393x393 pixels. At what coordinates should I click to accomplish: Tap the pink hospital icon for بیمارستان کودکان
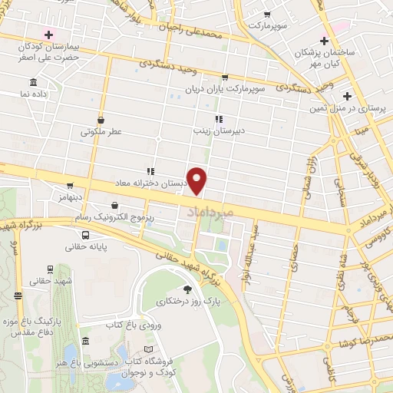pyautogui.click(x=49, y=35)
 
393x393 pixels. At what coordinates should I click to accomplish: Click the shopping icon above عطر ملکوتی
pyautogui.click(x=102, y=120)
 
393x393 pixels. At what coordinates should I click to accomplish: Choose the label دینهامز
pyautogui.click(x=68, y=198)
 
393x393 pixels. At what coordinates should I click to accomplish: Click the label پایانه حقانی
pyautogui.click(x=67, y=247)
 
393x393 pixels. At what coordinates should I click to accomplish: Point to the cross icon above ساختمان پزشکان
pyautogui.click(x=324, y=41)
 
